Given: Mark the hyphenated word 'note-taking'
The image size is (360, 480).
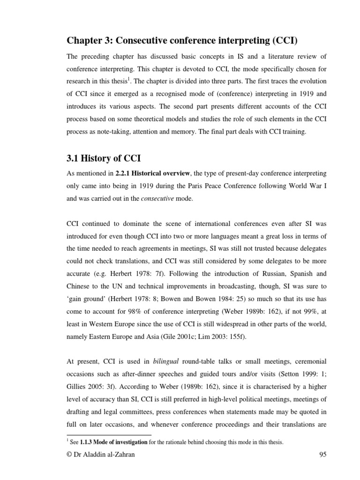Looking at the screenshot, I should click(x=106, y=132).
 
